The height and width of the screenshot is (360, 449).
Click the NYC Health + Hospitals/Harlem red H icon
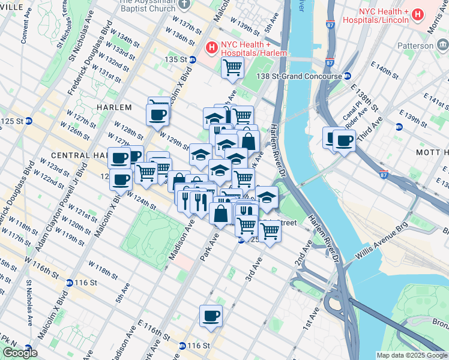tap(211, 47)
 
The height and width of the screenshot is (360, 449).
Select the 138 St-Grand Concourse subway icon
tap(347, 76)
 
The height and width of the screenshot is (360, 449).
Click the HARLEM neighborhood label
tap(113, 107)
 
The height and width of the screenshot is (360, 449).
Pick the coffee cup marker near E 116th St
tap(211, 316)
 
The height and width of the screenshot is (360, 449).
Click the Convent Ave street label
tap(25, 28)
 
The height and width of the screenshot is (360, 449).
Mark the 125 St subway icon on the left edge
tap(29, 121)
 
